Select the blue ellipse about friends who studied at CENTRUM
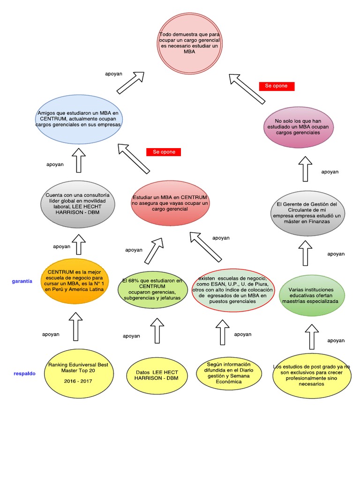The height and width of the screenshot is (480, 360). [78, 120]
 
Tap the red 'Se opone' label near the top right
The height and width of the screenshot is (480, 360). [277, 86]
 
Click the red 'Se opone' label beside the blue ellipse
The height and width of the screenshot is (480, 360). [164, 152]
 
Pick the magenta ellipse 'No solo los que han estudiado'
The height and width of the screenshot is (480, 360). [298, 127]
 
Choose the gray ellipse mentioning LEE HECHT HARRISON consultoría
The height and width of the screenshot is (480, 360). [78, 204]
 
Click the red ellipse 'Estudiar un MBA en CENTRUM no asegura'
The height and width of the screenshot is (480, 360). [170, 204]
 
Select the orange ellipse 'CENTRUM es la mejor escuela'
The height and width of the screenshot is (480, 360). [75, 280]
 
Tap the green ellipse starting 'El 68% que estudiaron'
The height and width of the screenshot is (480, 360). [152, 289]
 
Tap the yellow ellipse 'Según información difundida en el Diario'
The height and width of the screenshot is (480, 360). [228, 373]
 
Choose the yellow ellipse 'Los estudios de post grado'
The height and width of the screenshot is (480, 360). [311, 375]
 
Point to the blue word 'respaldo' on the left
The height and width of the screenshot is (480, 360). [24, 374]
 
